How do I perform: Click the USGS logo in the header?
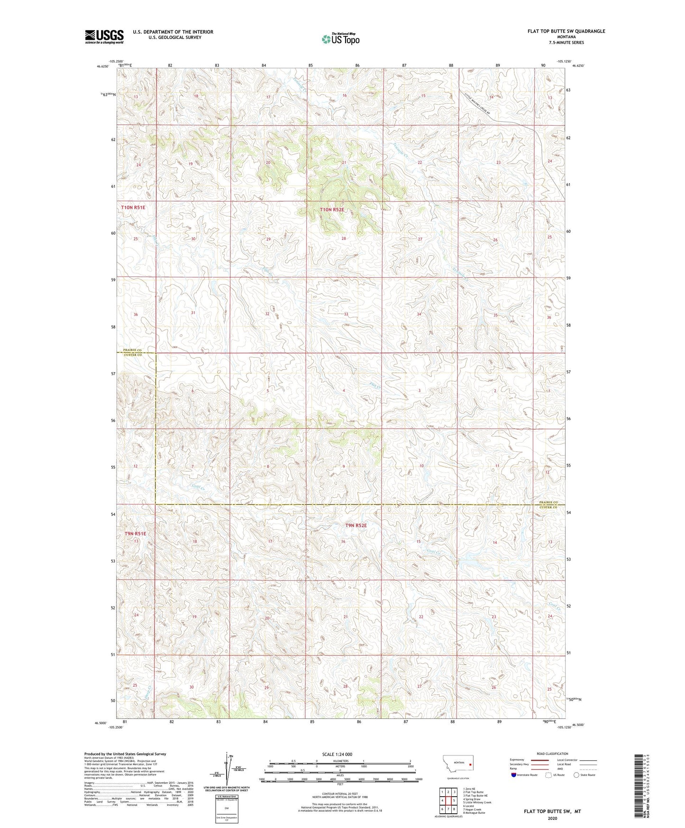[x=104, y=37]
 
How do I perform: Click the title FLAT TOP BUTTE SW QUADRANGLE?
[x=566, y=31]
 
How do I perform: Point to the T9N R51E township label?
[x=135, y=534]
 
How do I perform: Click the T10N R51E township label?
[x=132, y=208]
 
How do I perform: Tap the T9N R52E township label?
[x=356, y=525]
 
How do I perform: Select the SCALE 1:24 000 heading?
[x=337, y=754]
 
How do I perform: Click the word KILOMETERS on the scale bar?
[x=339, y=761]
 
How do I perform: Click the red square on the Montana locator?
[x=470, y=764]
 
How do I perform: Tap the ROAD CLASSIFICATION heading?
[x=552, y=754]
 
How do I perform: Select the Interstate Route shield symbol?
[x=514, y=774]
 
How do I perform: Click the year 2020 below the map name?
[x=552, y=818]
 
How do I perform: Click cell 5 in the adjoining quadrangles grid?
[x=454, y=800]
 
